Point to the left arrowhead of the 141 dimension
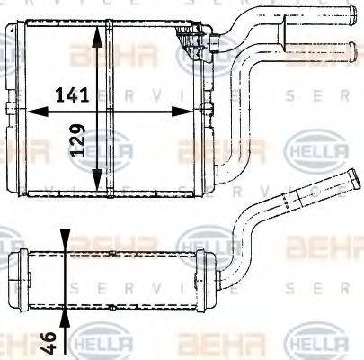(x=34, y=111)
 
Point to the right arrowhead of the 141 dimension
(x=191, y=111)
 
